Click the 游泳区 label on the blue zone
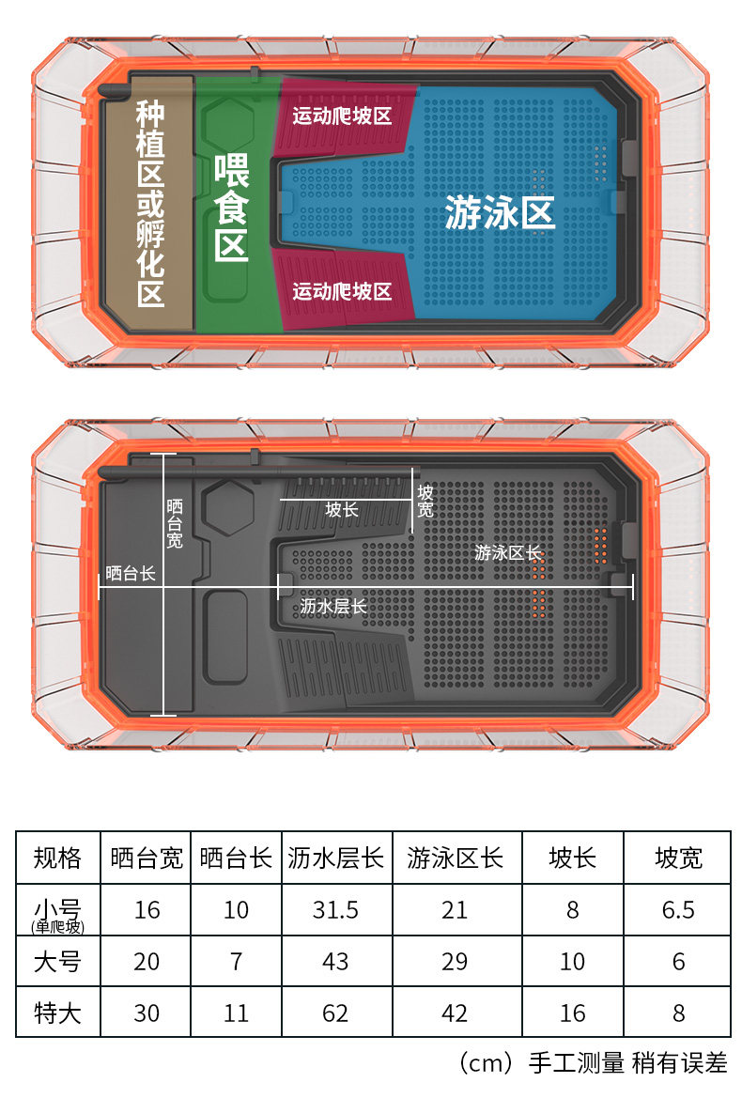(500, 213)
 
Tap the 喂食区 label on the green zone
(230, 208)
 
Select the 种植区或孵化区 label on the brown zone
(150, 204)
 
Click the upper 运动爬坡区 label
(341, 116)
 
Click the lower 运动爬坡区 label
(341, 291)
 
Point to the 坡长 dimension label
(342, 509)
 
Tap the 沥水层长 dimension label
(334, 606)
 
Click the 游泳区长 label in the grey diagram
(508, 553)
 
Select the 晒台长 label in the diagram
(131, 572)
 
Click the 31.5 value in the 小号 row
(335, 909)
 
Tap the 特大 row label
(58, 1013)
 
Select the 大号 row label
(58, 962)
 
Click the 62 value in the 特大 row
(335, 1013)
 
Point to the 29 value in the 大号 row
(455, 962)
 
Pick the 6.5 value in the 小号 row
(678, 909)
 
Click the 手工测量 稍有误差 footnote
(628, 1063)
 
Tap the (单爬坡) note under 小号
(58, 927)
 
